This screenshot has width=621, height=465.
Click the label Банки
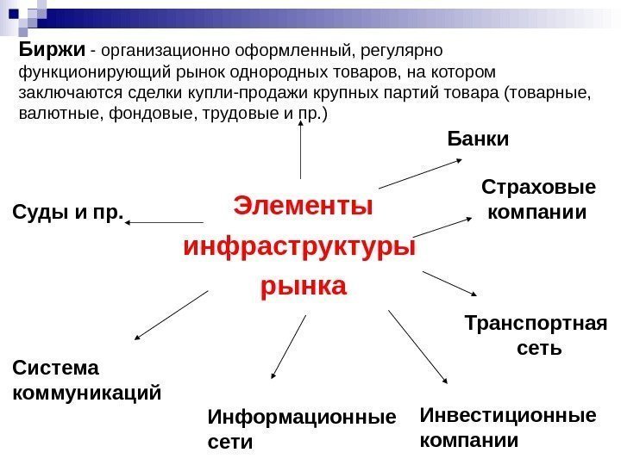click(x=479, y=138)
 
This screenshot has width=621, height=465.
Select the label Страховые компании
click(x=537, y=199)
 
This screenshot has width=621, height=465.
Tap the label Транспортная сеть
click(x=535, y=336)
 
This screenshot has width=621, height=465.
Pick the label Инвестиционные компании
click(x=507, y=428)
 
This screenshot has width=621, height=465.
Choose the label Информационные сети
click(x=301, y=430)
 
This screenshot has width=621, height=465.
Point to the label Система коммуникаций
click(x=87, y=381)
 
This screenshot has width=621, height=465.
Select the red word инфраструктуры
click(x=299, y=246)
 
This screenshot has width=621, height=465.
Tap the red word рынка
click(x=303, y=285)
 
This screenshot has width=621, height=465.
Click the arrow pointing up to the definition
click(x=301, y=150)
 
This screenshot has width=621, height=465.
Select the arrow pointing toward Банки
click(x=420, y=172)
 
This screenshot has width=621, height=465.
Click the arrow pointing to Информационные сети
click(x=288, y=347)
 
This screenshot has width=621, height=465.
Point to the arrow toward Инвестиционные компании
click(x=418, y=347)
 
